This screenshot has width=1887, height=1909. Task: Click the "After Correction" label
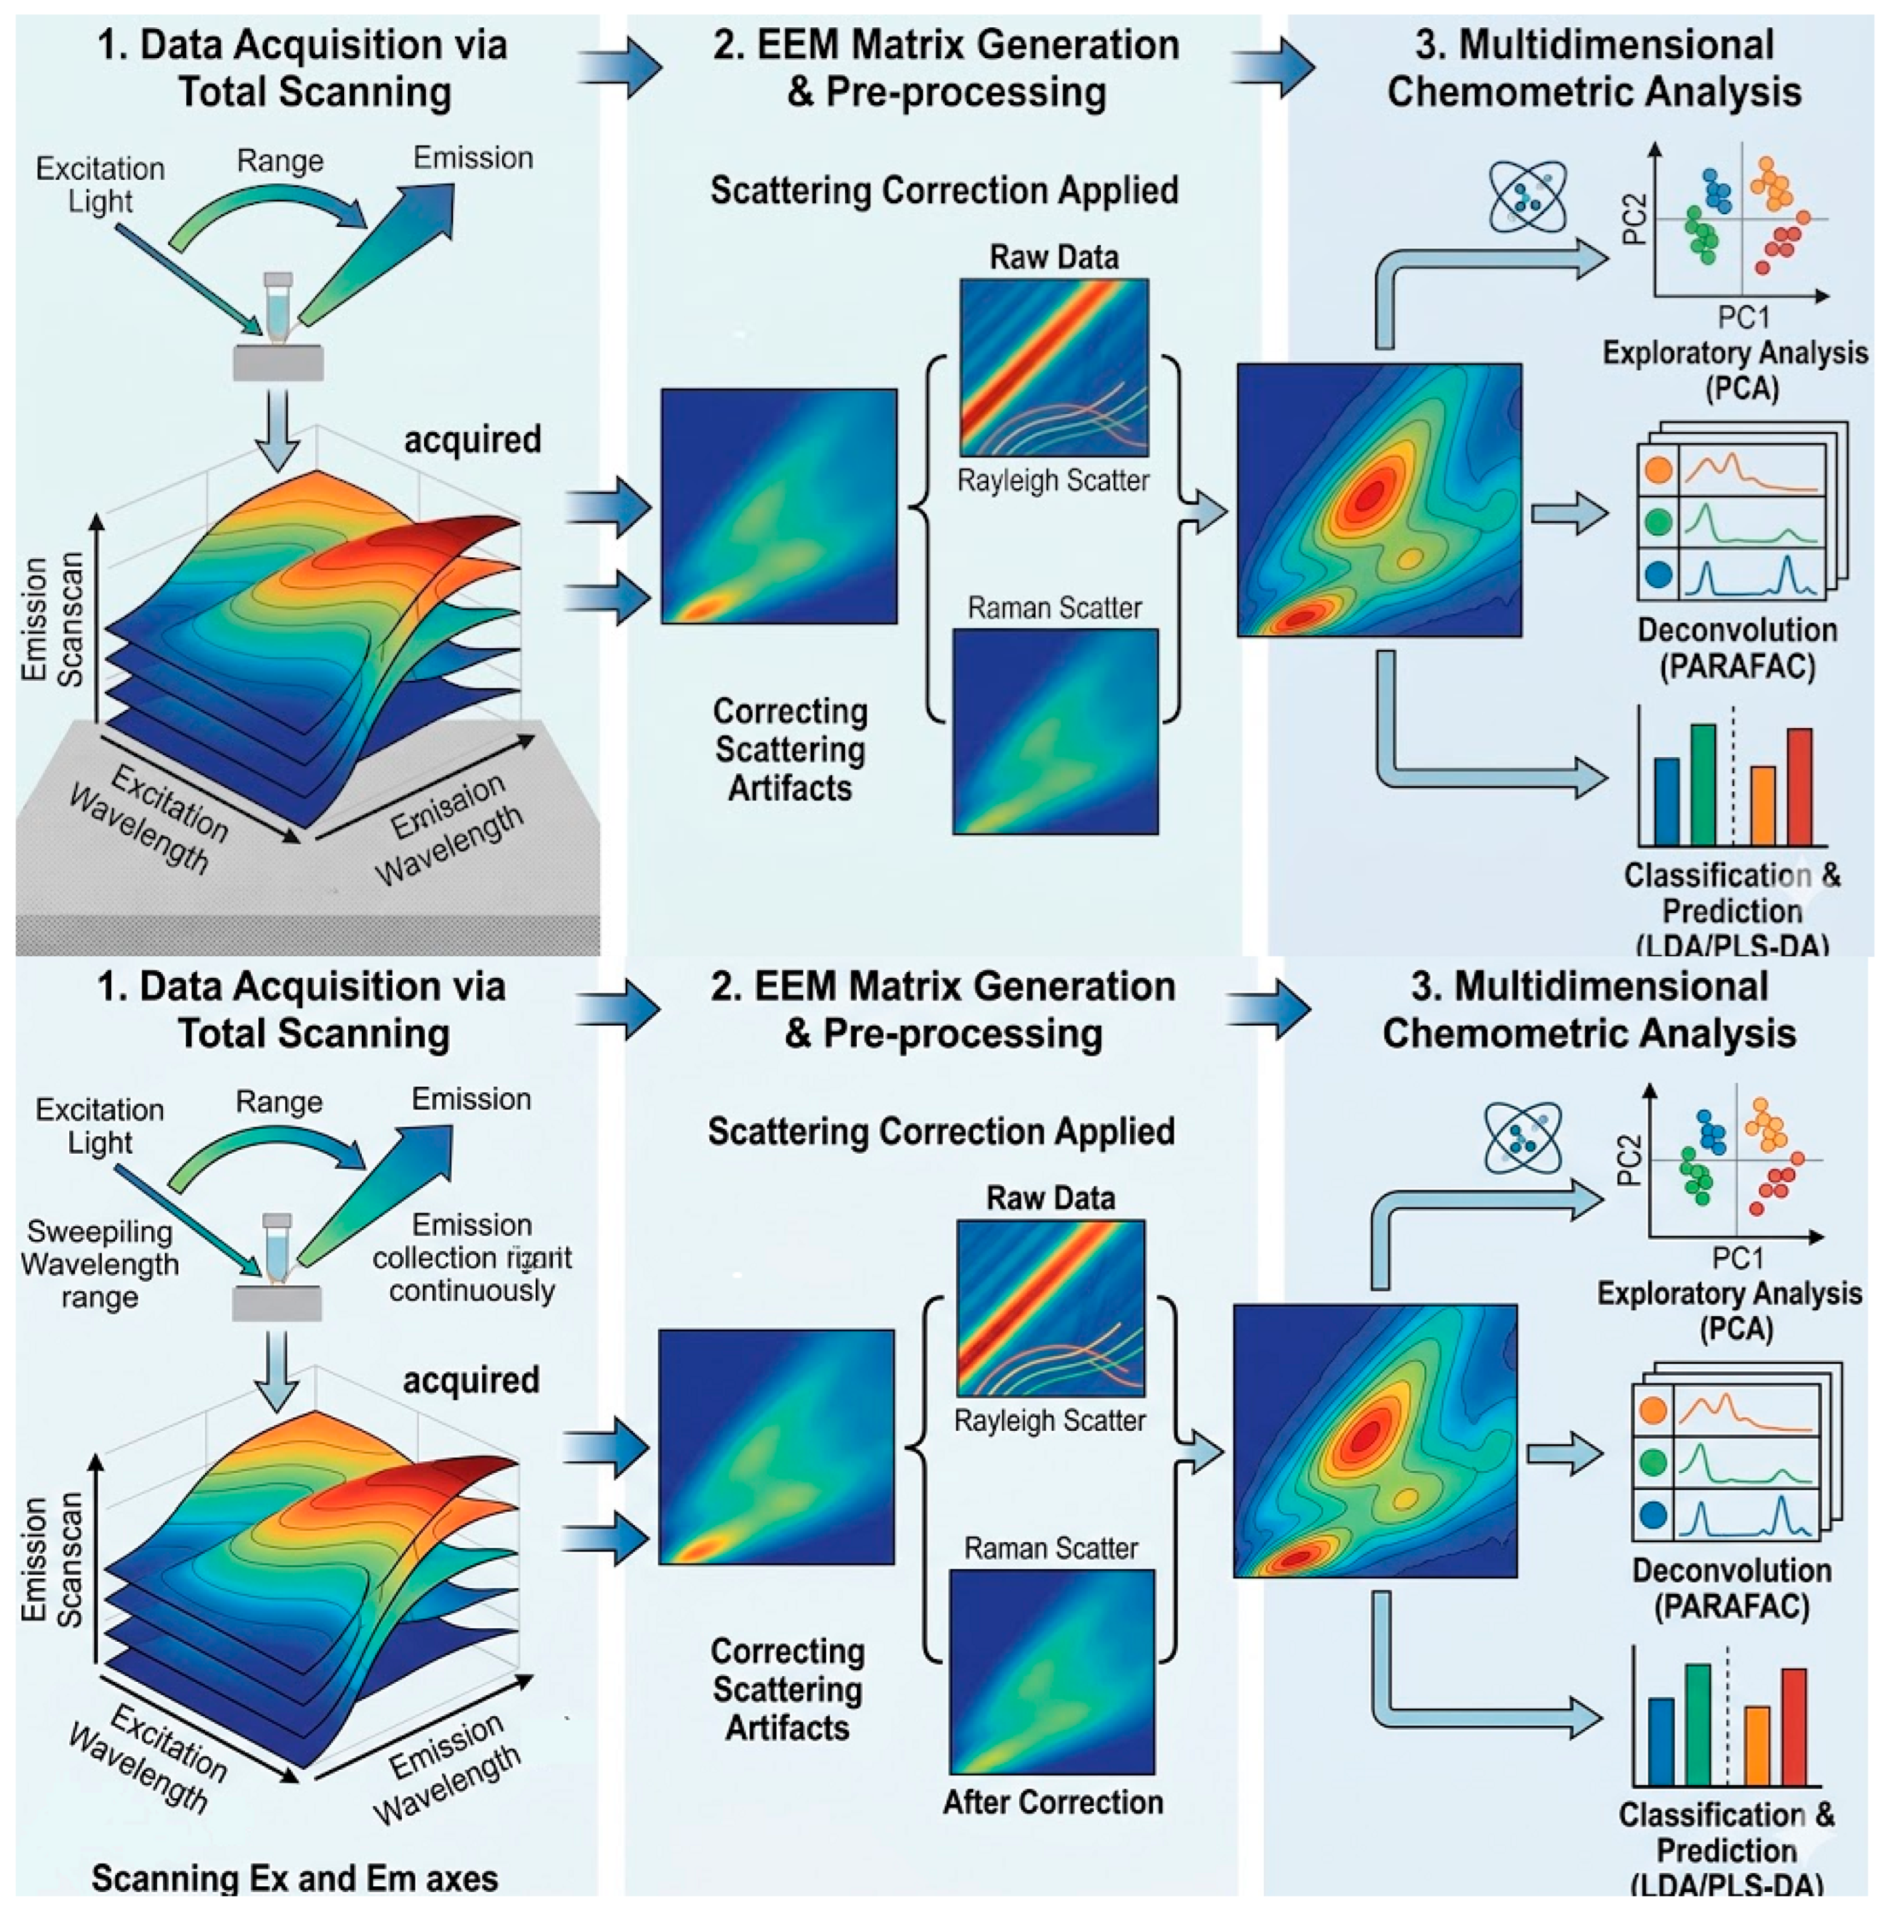(1052, 1802)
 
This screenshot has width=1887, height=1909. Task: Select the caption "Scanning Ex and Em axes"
(294, 1877)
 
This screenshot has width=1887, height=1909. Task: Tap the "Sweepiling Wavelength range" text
(99, 1264)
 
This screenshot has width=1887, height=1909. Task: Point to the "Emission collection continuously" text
(472, 1258)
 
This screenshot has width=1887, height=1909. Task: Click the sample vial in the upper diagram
(278, 308)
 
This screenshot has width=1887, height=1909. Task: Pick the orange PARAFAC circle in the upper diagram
(1659, 469)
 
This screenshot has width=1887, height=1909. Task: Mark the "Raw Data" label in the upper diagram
(1054, 257)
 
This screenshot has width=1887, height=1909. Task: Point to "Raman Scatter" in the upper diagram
(1054, 608)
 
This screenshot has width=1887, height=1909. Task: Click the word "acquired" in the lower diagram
(471, 1380)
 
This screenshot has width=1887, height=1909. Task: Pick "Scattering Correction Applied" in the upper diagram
(943, 190)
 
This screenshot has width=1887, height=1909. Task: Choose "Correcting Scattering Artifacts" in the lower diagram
(788, 1690)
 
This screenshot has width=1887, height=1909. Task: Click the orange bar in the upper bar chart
(1763, 805)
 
